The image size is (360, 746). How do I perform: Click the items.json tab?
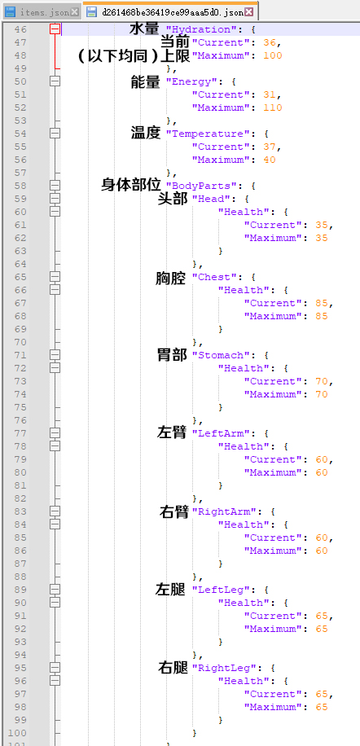(41, 12)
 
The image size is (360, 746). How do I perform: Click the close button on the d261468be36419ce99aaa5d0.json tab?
(248, 12)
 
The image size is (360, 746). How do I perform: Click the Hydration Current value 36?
(269, 42)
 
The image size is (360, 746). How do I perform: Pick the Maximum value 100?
(273, 55)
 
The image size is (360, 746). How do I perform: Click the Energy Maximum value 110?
(273, 108)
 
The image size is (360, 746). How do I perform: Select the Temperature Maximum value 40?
(269, 160)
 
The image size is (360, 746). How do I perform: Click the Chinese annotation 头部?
(173, 199)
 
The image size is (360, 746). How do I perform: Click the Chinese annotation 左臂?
(172, 433)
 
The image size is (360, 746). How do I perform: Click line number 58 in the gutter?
(20, 186)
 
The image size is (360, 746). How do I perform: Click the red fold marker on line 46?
(55, 29)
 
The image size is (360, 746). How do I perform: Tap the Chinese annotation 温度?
(146, 133)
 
